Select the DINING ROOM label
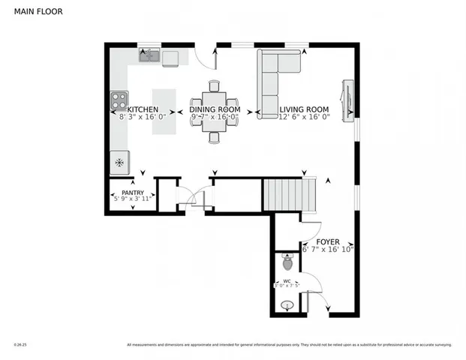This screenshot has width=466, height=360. (214, 109)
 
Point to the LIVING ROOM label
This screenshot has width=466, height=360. (305, 109)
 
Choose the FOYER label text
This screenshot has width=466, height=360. (327, 241)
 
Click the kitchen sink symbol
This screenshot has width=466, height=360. (148, 55)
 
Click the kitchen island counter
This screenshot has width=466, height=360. (164, 112)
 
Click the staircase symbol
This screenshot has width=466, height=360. (284, 195)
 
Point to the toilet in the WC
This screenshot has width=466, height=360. (287, 263)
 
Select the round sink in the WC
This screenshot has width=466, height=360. (287, 306)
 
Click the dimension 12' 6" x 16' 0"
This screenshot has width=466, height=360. (305, 117)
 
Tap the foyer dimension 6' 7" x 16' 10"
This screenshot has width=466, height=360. (327, 249)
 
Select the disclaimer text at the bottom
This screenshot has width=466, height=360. (289, 345)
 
